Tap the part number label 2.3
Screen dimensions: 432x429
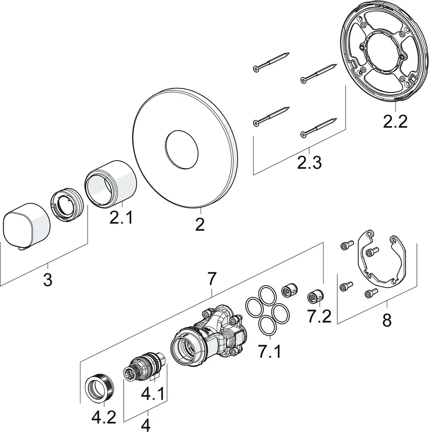pos(308,163)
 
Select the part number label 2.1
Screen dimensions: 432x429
pos(121,219)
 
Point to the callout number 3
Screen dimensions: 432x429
pos(47,280)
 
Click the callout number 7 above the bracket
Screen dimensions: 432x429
pos(212,279)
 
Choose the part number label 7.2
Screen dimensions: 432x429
pos(319,316)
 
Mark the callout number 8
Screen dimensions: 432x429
pos(387,321)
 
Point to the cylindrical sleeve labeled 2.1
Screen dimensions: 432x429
pos(111,182)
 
